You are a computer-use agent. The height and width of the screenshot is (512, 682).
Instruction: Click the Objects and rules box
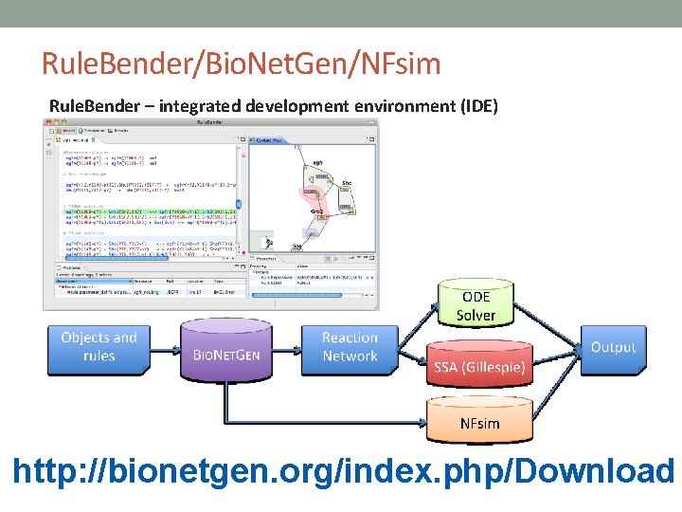click(99, 347)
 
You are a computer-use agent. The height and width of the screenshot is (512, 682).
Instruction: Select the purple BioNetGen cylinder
click(226, 351)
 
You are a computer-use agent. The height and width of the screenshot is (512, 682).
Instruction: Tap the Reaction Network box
click(350, 347)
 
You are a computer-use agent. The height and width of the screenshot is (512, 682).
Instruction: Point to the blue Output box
click(613, 347)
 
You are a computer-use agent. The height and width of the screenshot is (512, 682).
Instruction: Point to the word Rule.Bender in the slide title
click(98, 64)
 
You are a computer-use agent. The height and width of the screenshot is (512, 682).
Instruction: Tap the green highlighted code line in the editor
click(152, 207)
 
